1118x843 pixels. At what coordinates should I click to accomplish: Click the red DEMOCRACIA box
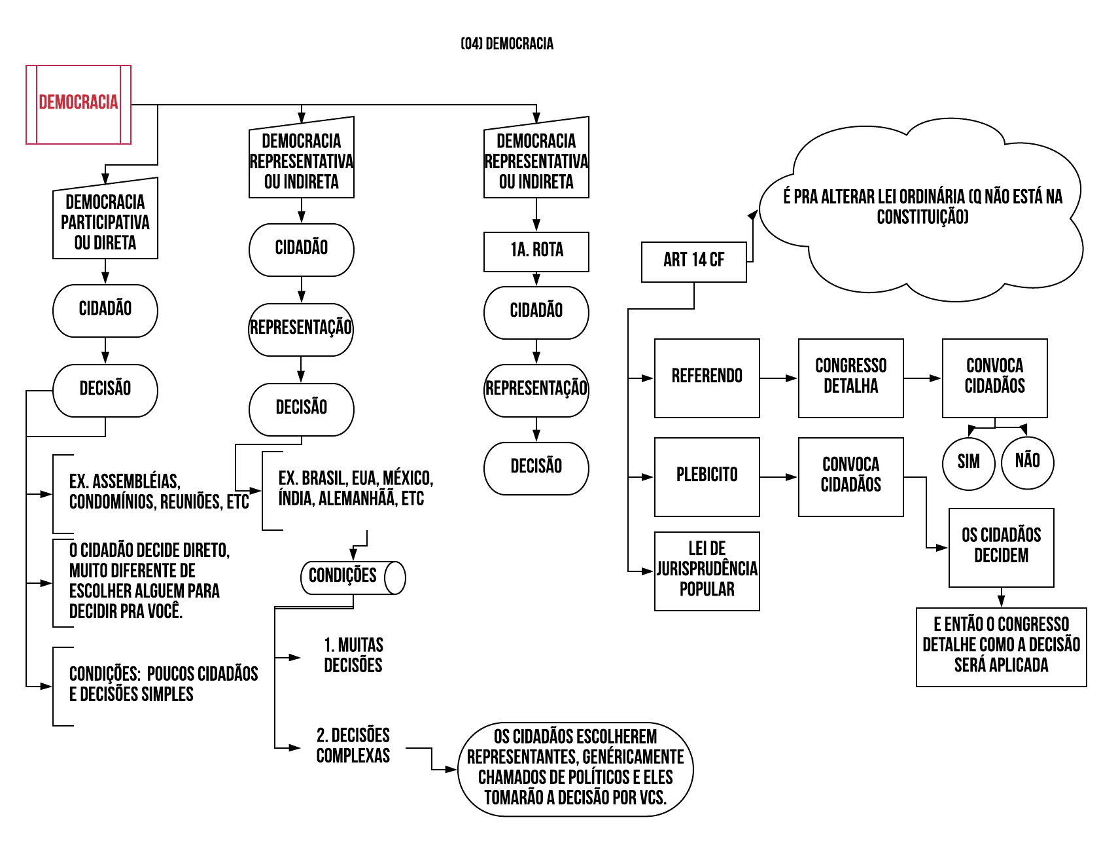click(79, 104)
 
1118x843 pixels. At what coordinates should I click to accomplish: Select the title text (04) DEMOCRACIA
click(507, 44)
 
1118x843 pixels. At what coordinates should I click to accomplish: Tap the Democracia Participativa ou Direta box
click(105, 222)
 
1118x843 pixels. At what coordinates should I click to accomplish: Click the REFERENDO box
click(707, 378)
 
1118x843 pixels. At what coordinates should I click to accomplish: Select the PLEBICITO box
click(707, 476)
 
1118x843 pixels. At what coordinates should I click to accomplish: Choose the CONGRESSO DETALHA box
click(850, 378)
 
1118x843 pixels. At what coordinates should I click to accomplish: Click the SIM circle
click(969, 463)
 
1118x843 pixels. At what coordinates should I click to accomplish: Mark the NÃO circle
click(1028, 462)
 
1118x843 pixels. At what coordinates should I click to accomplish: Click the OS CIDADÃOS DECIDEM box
click(1001, 547)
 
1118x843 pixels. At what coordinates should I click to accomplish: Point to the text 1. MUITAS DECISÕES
click(353, 656)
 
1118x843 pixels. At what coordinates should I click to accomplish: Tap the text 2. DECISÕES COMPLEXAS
click(353, 745)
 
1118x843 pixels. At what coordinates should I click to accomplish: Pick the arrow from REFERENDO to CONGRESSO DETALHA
click(778, 378)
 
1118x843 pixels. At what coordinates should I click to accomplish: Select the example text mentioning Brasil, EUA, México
click(355, 489)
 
